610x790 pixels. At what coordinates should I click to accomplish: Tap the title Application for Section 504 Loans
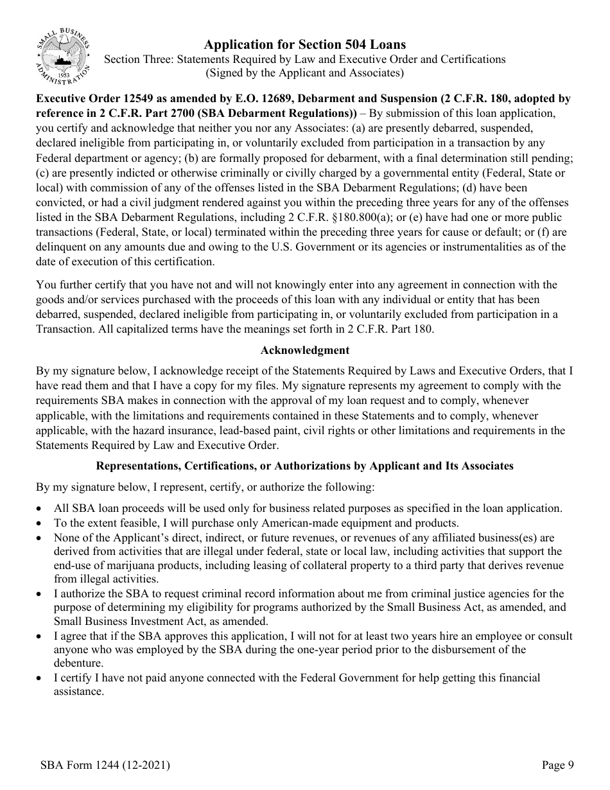click(304, 44)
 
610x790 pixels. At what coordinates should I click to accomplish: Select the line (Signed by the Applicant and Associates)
click(304, 73)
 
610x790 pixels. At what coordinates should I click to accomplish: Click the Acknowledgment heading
click(305, 350)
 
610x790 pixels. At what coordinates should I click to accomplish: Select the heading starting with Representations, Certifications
click(304, 466)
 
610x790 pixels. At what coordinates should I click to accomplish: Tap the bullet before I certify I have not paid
click(41, 678)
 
